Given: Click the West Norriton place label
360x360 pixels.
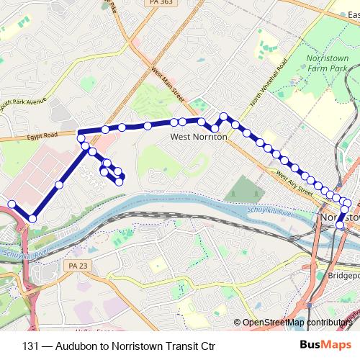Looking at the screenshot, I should [x=199, y=135].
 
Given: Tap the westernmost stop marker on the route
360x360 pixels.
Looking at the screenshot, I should [x=12, y=204].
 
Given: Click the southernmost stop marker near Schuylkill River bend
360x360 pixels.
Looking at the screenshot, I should [x=32, y=218].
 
